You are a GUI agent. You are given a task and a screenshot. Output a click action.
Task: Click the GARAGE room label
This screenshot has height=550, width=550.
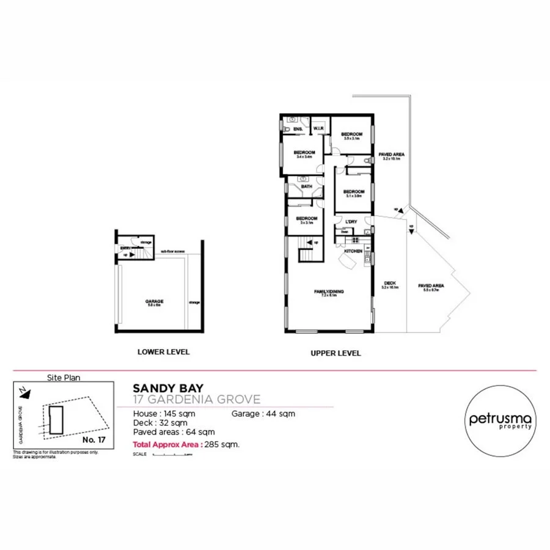(154, 302)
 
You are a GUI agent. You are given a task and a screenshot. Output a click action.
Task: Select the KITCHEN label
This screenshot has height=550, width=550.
(353, 251)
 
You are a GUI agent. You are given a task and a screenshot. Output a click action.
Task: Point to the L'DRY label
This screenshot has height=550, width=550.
(351, 221)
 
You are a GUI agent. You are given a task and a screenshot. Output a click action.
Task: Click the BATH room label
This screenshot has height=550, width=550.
(306, 186)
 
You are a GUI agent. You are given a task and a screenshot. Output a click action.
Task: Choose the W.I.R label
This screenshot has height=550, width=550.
(318, 129)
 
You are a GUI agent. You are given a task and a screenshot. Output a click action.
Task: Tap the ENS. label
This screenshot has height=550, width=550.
(298, 129)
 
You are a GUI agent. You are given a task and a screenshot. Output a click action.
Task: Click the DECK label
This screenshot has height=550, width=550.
(389, 284)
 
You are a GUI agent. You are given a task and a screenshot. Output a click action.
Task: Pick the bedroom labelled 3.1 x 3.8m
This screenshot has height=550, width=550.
(353, 193)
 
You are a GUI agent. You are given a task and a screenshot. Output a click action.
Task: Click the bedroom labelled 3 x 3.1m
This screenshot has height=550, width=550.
(306, 220)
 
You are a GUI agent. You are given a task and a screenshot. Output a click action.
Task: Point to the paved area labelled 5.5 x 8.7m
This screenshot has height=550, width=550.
(431, 287)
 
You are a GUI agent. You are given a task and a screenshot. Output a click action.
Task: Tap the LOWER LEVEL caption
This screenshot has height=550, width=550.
(164, 352)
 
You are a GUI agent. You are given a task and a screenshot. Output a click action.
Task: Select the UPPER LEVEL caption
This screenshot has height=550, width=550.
(335, 353)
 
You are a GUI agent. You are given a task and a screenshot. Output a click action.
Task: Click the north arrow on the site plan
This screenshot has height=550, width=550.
(23, 389)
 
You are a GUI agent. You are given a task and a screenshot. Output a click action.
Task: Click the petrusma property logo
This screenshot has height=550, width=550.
(501, 421)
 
